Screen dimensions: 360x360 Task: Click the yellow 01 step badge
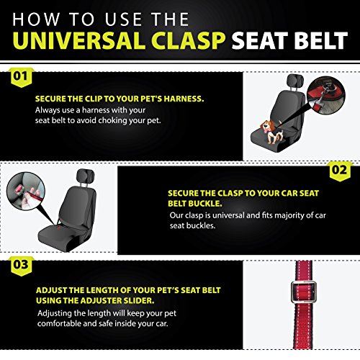[21, 77]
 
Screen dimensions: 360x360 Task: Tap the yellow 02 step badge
[340, 171]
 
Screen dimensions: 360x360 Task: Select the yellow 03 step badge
[21, 266]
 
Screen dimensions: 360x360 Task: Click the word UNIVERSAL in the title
[79, 40]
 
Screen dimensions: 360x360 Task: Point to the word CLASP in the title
[189, 40]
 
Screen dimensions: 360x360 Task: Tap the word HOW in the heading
[36, 19]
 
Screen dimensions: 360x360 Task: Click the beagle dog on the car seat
[271, 132]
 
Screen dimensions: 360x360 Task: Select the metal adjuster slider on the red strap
[304, 292]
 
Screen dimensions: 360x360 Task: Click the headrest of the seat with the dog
[295, 80]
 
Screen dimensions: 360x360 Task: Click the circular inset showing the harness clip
[326, 95]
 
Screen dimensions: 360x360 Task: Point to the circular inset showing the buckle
[26, 191]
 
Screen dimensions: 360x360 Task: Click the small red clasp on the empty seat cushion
[59, 227]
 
